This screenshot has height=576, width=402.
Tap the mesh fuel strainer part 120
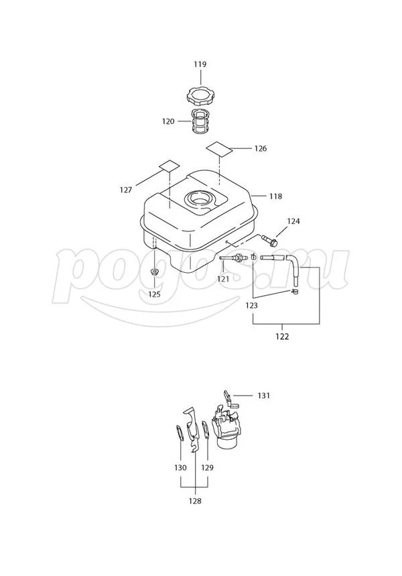pos(200,121)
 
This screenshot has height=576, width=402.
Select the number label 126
pos(260,149)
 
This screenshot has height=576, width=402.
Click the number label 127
pos(126,190)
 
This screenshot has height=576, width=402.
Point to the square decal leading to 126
pos(219,149)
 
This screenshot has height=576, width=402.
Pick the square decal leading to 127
pos(170,166)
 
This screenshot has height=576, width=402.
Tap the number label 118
pos(275,196)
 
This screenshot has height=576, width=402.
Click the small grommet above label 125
pos(154,272)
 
